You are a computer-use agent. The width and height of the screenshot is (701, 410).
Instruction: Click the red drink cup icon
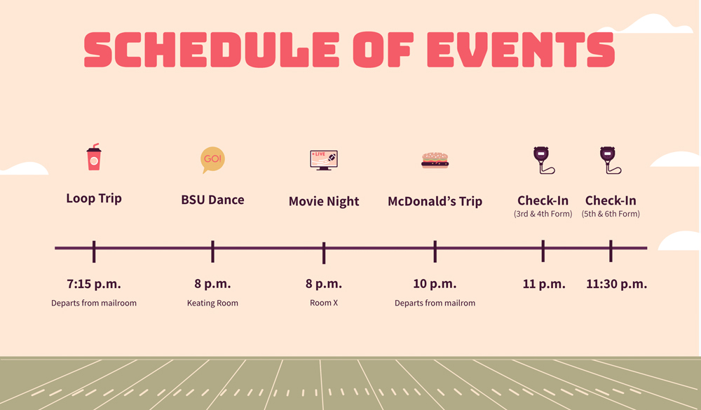[x=94, y=157]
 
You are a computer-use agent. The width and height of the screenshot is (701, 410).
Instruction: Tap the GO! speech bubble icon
[x=212, y=160]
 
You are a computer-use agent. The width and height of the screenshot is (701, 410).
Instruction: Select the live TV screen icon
[x=324, y=160]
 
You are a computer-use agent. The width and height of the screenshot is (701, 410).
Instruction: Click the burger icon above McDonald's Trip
[x=435, y=160]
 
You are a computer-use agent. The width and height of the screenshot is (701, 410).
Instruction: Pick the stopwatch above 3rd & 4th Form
[x=543, y=160]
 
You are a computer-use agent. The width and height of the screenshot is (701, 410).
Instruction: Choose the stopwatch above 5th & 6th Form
[x=610, y=160]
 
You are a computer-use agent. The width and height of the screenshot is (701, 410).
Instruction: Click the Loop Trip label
[x=94, y=198]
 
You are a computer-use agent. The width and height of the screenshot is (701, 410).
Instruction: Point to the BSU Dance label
[x=212, y=200]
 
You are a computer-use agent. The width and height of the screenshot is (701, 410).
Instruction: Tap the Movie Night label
[x=324, y=202]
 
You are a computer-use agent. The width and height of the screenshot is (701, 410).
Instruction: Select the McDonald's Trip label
[x=435, y=202]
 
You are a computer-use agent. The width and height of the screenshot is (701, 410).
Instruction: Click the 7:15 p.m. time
[x=94, y=284]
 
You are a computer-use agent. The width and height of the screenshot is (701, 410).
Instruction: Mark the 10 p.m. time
[x=435, y=284]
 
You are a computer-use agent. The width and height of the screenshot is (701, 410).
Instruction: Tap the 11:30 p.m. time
[x=616, y=284]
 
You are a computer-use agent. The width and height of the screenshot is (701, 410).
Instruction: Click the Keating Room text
[x=212, y=303]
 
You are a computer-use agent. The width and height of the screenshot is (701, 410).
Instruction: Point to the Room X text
[x=324, y=303]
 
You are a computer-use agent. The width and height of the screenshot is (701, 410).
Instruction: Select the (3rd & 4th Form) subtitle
[x=543, y=214]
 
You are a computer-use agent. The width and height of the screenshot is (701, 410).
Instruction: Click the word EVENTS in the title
[x=521, y=49]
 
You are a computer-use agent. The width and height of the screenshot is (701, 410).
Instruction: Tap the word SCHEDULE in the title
[x=211, y=49]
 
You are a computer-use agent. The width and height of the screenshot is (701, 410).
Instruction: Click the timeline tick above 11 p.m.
[x=543, y=251]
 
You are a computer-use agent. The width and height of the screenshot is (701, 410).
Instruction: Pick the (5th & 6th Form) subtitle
[x=611, y=214]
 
